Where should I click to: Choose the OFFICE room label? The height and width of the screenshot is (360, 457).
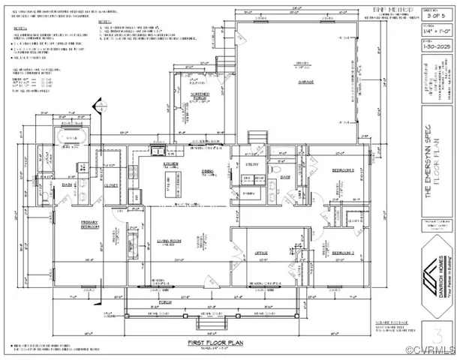tap(260, 253)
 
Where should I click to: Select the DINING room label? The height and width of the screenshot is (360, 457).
tap(206, 172)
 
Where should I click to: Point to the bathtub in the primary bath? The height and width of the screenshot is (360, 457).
tap(73, 139)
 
